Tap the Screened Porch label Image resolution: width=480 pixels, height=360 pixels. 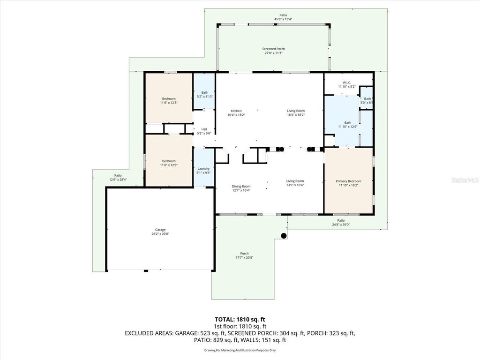point(273,49)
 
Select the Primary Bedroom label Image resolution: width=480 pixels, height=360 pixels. point(348,181)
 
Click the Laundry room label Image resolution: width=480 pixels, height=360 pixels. point(203,169)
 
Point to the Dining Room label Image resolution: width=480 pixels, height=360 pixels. point(241,187)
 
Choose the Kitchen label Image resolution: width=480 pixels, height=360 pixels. point(236,111)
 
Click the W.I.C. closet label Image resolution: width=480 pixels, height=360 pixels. point(347,83)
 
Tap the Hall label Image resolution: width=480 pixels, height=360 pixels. point(204,129)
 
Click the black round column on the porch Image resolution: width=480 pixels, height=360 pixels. point(284,236)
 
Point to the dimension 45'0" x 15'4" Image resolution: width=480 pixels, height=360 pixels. point(283,19)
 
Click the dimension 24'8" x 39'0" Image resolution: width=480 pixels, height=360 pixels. point(341,224)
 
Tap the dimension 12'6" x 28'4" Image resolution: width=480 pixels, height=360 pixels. point(118,179)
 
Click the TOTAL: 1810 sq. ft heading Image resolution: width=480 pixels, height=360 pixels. point(240,320)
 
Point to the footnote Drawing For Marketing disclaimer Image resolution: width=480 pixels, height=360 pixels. point(240,350)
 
